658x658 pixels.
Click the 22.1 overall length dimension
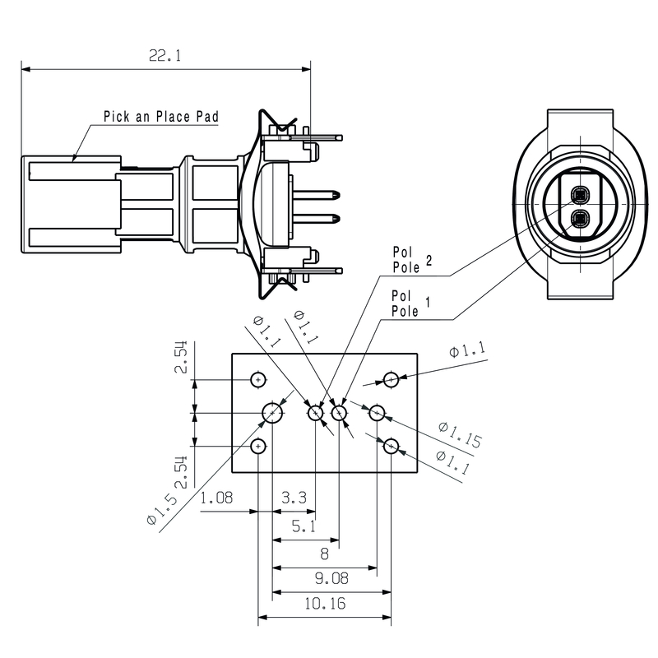(x=164, y=56)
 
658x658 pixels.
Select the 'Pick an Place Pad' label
(x=160, y=117)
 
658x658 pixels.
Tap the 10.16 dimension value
(x=324, y=604)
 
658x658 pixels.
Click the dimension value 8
(x=324, y=553)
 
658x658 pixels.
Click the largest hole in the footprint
(x=272, y=412)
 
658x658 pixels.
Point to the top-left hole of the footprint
(x=259, y=380)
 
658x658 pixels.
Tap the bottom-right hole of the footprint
(x=392, y=446)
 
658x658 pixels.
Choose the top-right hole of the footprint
(x=392, y=379)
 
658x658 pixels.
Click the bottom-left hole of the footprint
(x=259, y=446)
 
